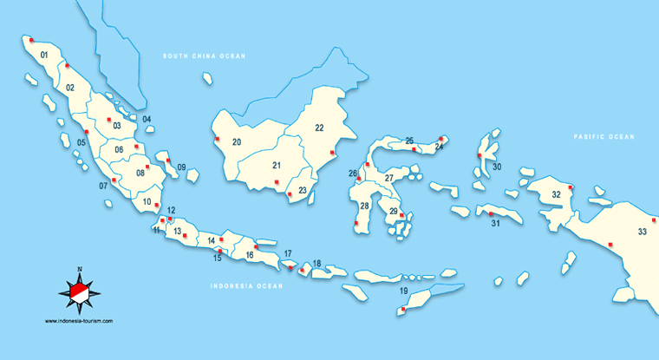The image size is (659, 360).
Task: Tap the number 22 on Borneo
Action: [319, 128]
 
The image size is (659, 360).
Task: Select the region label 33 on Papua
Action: [642, 232]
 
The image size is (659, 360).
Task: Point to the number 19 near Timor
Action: [403, 291]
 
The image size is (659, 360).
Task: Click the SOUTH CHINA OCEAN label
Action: [205, 56]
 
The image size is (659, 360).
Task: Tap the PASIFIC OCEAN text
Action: [604, 137]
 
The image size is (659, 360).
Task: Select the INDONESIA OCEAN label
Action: [247, 285]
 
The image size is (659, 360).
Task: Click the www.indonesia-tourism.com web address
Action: [79, 321]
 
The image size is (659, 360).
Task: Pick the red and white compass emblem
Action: [79, 291]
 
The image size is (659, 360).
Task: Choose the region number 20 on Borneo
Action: [237, 141]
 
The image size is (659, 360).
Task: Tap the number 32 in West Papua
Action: [556, 194]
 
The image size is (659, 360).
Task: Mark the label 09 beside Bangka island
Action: [181, 167]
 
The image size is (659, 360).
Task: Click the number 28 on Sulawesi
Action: [365, 206]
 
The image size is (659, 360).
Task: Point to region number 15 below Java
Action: [218, 258]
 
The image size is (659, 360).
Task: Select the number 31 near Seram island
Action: [496, 224]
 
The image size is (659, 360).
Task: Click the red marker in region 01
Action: [31, 40]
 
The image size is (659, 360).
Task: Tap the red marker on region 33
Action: [610, 245]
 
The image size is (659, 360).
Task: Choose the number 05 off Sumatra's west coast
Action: [82, 142]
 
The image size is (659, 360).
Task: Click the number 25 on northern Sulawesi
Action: [409, 141]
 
